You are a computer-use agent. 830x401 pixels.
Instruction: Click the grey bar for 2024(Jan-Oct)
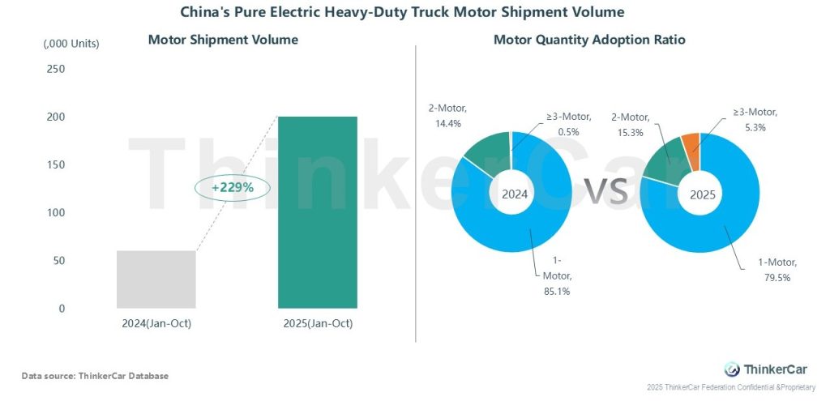[x=156, y=279]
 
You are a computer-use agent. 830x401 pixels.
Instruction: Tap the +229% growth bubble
[x=233, y=188]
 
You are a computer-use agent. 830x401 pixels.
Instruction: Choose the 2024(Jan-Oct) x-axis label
[x=156, y=324]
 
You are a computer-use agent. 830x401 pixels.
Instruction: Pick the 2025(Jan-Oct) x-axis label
[x=318, y=324]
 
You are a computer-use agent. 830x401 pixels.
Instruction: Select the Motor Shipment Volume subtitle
[x=223, y=40]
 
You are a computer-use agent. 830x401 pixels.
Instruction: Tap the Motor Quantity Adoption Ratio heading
[x=589, y=40]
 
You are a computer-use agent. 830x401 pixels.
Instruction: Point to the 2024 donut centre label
[x=515, y=194]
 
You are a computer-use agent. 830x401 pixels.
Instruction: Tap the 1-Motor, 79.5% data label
[x=775, y=270]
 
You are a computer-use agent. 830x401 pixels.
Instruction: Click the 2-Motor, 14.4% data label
[x=448, y=115]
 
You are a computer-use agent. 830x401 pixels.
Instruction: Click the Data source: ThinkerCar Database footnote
[x=95, y=376]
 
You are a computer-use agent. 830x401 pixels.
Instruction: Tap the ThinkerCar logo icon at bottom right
[x=732, y=369]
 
